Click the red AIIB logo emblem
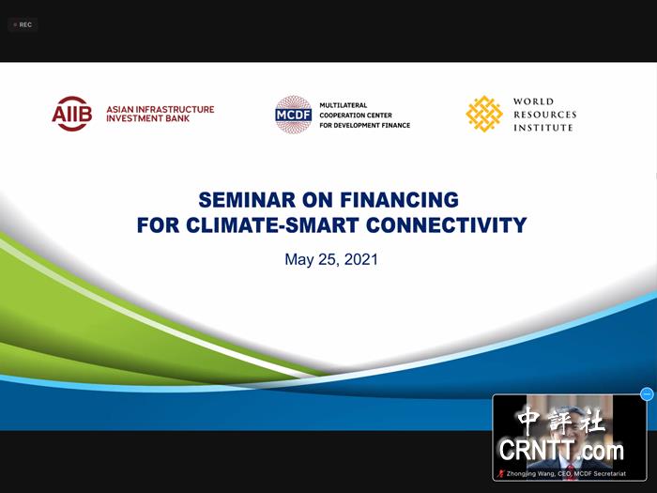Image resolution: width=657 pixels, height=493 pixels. tap(72, 114)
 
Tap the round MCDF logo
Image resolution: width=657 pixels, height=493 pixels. tap(293, 115)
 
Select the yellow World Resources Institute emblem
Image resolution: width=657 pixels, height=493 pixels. tap(484, 114)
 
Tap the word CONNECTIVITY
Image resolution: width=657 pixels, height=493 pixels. tap(446, 225)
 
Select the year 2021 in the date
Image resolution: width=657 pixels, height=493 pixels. tap(360, 259)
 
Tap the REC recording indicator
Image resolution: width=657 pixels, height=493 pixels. tap(23, 24)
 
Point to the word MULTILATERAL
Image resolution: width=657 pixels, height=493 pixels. tap(344, 105)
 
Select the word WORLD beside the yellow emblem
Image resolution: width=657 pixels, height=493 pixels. tap(533, 101)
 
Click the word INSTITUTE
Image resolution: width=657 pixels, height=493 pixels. tap(543, 128)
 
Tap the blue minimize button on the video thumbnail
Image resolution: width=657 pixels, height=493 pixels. tap(648, 394)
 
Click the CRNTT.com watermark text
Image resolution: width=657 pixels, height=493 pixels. tap(561, 450)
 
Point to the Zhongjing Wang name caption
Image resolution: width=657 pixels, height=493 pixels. tap(566, 473)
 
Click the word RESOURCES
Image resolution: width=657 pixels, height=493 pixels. tap(545, 115)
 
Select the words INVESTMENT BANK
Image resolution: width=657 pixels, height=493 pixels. tap(148, 118)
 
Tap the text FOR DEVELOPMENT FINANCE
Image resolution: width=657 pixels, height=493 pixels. tap(365, 125)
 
